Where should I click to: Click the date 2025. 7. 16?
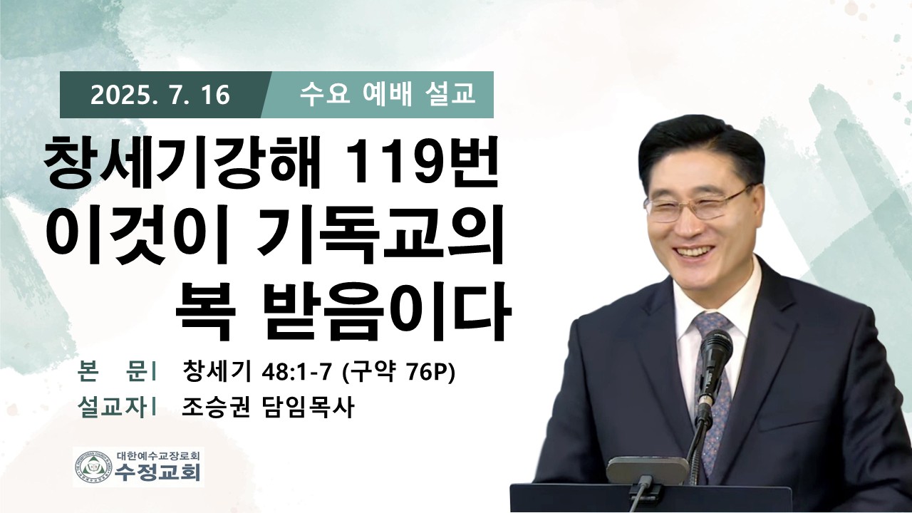pos(160,95)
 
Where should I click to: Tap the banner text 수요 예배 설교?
pos(388,94)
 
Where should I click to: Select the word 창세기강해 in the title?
pos(182,163)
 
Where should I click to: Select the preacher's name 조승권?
pos(215,407)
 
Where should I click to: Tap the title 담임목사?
pos(306,407)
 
